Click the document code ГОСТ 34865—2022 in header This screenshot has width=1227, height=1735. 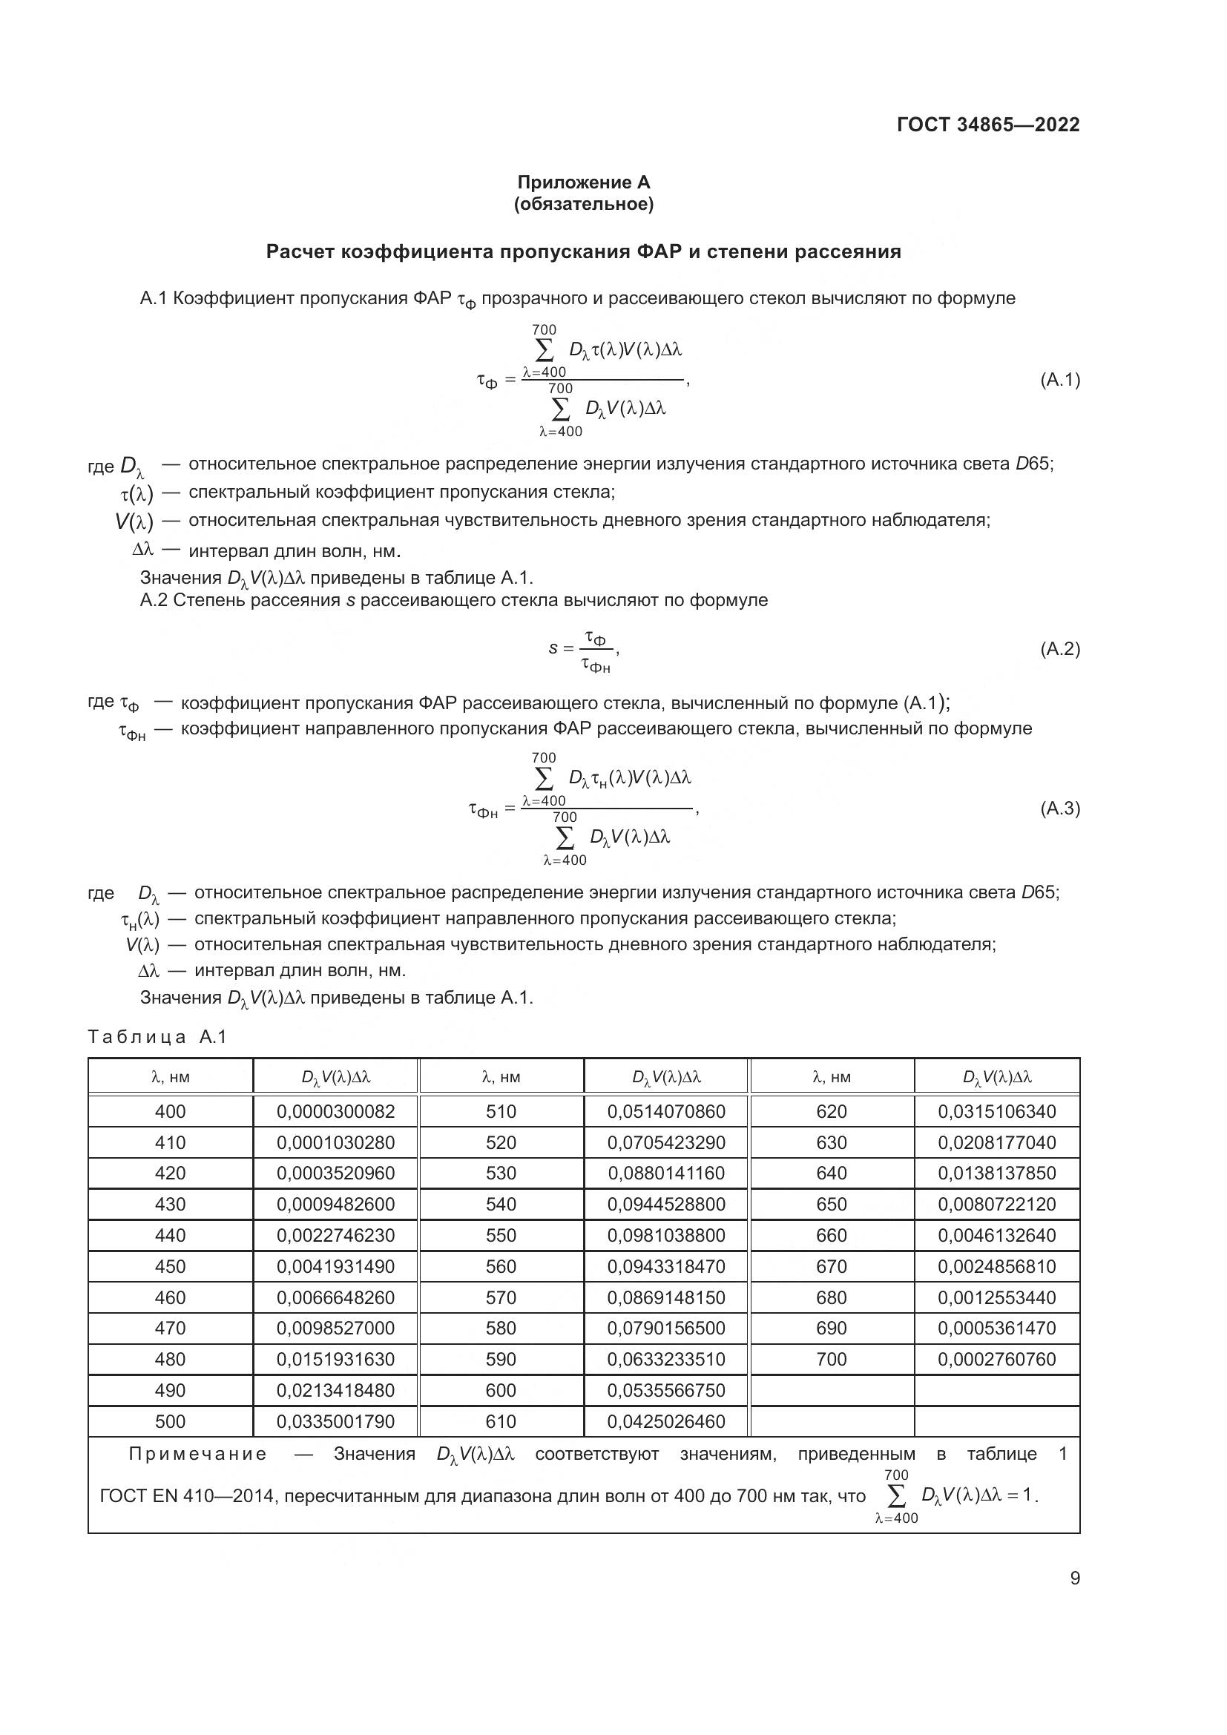987,125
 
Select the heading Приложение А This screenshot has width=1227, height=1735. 583,182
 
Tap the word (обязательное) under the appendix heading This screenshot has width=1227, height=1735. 583,204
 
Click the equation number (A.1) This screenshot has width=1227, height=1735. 1060,380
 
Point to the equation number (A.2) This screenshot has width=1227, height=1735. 1060,648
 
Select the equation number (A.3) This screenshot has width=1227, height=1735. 1060,809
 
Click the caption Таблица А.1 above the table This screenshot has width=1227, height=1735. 157,1037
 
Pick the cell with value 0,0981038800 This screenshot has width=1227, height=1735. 665,1236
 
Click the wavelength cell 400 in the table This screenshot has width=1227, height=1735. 170,1112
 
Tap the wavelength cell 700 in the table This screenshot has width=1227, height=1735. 831,1360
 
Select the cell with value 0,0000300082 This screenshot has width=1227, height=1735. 335,1112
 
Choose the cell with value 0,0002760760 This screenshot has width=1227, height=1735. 996,1360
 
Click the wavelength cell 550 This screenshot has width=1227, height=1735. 501,1236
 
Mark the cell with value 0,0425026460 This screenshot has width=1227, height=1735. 665,1421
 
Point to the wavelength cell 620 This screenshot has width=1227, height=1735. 831,1112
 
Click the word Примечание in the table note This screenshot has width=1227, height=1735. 198,1454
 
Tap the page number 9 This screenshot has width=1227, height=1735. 1074,1578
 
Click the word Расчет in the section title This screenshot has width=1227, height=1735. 300,251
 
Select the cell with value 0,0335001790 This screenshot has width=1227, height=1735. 335,1421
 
